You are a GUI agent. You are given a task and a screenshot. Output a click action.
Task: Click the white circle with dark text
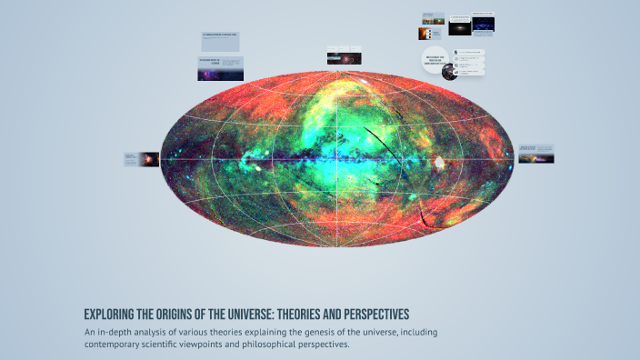tap(437, 60)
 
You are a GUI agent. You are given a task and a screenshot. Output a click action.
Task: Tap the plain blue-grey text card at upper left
tap(221, 41)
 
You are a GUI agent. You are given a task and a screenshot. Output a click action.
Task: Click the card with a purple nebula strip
tap(221, 68)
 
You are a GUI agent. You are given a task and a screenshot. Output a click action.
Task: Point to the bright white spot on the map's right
tap(439, 164)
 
